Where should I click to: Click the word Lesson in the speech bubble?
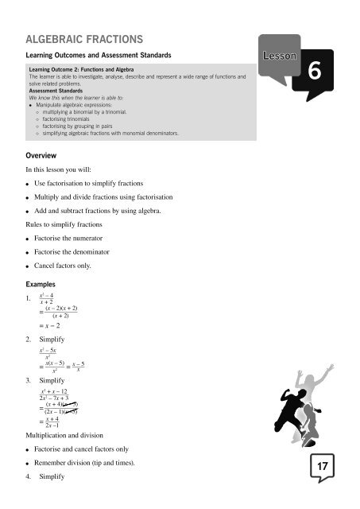point(278,57)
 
